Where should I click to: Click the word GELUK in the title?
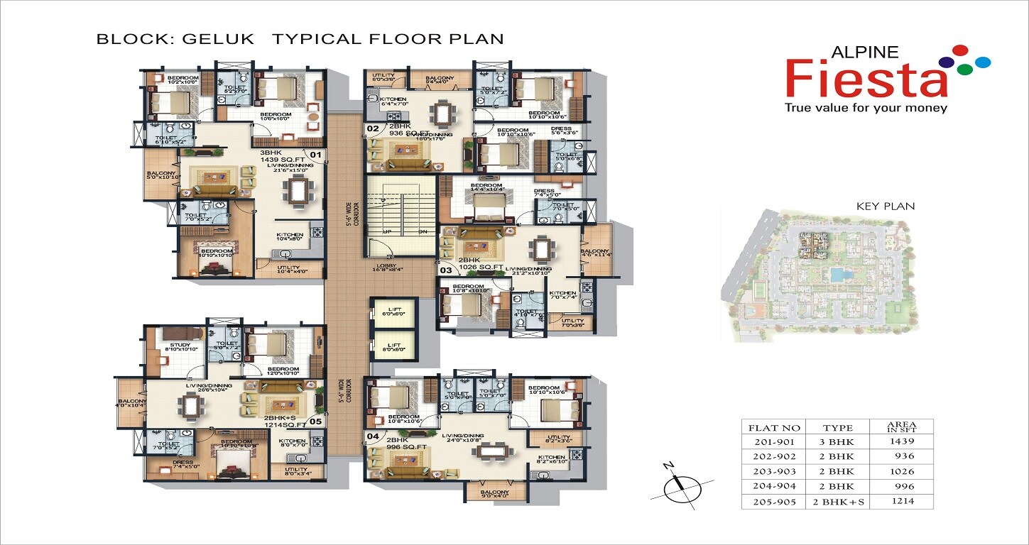click(218, 38)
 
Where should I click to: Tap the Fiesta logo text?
click(867, 79)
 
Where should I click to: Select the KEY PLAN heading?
click(886, 207)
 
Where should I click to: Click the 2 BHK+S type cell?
click(842, 502)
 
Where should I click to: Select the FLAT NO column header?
click(773, 427)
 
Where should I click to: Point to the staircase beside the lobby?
click(400, 213)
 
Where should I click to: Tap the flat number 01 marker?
click(315, 153)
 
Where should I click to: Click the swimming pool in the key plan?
click(839, 274)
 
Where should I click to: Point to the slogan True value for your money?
click(865, 108)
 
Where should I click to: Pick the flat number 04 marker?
click(372, 436)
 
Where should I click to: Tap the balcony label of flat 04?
click(494, 494)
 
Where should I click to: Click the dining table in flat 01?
click(295, 189)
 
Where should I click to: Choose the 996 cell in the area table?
click(904, 486)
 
